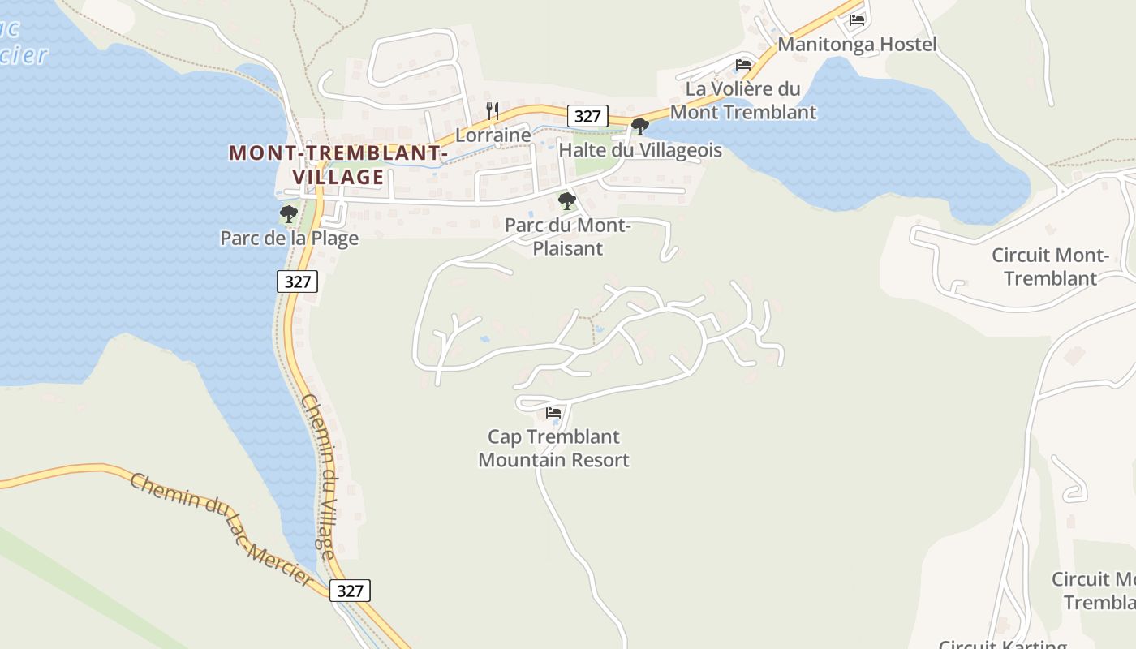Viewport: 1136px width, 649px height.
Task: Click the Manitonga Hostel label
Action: point(857,44)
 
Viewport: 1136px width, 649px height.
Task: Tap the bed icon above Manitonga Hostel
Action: point(857,20)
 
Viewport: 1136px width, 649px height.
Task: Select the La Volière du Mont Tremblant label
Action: point(742,101)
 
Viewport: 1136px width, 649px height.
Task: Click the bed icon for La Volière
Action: point(743,65)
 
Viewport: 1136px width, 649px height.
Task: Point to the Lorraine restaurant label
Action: point(493,135)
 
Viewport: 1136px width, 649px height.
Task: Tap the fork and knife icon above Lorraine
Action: point(493,110)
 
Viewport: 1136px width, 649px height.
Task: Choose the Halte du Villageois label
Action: point(640,150)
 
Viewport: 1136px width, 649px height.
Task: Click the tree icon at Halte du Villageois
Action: point(639,127)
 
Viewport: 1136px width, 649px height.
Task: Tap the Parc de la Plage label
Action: point(289,239)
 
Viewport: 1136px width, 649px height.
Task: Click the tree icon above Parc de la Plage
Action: point(288,215)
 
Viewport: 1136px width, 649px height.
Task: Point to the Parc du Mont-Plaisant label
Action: point(567,237)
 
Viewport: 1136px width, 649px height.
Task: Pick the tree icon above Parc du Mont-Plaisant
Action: point(567,201)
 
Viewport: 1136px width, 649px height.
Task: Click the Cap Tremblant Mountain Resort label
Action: point(553,449)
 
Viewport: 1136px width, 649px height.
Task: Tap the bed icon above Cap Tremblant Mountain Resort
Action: point(553,413)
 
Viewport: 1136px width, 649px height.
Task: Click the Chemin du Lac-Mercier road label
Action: point(220,527)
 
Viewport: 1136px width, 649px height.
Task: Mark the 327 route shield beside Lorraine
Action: point(587,116)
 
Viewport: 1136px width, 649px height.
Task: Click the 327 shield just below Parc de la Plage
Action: point(298,282)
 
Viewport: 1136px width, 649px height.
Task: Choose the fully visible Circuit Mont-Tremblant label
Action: point(1050,267)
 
